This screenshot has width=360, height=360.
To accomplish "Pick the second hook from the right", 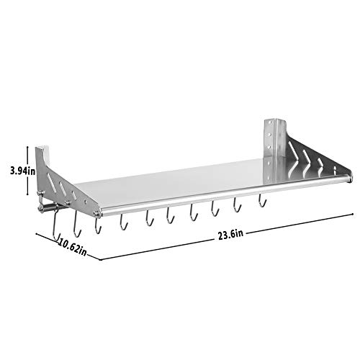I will pos(237,202).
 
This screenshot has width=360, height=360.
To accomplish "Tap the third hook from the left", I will pos(99,224).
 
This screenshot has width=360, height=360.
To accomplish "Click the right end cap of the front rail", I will pos(351,176).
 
